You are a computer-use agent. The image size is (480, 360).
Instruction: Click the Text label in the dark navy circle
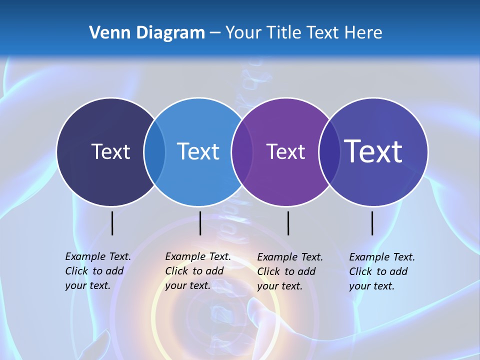(110, 151)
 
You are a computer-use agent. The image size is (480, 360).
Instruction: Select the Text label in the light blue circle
(198, 151)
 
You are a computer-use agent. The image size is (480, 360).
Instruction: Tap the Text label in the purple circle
(285, 151)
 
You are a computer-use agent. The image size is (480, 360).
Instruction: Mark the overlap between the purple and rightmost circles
(328, 152)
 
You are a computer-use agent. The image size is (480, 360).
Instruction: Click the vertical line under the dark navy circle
(112, 223)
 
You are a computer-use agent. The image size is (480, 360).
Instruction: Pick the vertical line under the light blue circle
(200, 223)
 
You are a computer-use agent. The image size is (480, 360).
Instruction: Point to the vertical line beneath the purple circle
(288, 223)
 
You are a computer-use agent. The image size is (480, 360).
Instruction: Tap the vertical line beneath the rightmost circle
(372, 223)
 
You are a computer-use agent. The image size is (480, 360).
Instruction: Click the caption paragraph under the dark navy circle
(98, 271)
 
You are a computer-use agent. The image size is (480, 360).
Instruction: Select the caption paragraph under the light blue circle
(198, 271)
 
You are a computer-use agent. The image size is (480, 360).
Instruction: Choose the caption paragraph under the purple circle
(290, 271)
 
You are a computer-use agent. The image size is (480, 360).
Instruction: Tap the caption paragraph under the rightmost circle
(382, 271)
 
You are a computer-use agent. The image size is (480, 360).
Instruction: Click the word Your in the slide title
(243, 33)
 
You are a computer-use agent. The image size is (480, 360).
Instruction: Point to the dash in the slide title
(215, 33)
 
